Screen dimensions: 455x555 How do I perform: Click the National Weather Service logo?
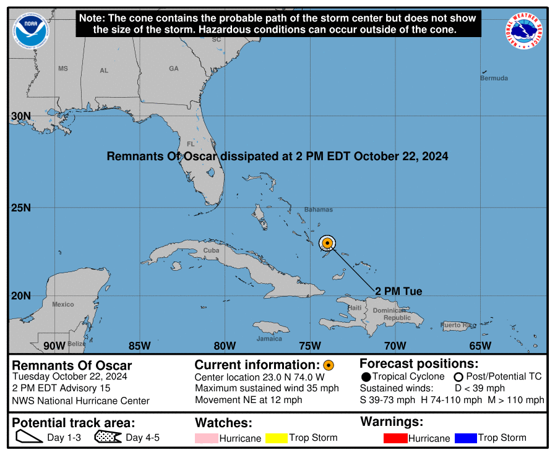coord(525,31)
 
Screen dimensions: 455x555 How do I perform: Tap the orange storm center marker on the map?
coord(327,243)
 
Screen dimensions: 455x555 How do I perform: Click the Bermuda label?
coord(494,78)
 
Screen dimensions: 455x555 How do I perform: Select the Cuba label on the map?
coord(211,250)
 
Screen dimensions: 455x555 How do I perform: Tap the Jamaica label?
coord(269,338)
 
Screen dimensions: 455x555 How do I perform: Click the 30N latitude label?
coord(21,116)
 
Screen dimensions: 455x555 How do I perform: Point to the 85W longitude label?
coord(139,345)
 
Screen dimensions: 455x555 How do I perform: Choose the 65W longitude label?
coord(480,345)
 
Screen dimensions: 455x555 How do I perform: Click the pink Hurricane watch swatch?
coord(207,438)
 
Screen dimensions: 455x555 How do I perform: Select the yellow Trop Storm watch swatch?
coord(277,438)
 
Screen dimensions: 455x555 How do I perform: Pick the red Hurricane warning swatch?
coord(395,438)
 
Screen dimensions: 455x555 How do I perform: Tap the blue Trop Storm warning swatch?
coord(465,438)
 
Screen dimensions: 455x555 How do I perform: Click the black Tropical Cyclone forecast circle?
coord(366,376)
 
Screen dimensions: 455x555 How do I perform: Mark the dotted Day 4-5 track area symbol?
coord(108,438)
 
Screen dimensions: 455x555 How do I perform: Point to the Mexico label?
coord(63,304)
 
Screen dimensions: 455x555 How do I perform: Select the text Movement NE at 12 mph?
coord(248,399)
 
